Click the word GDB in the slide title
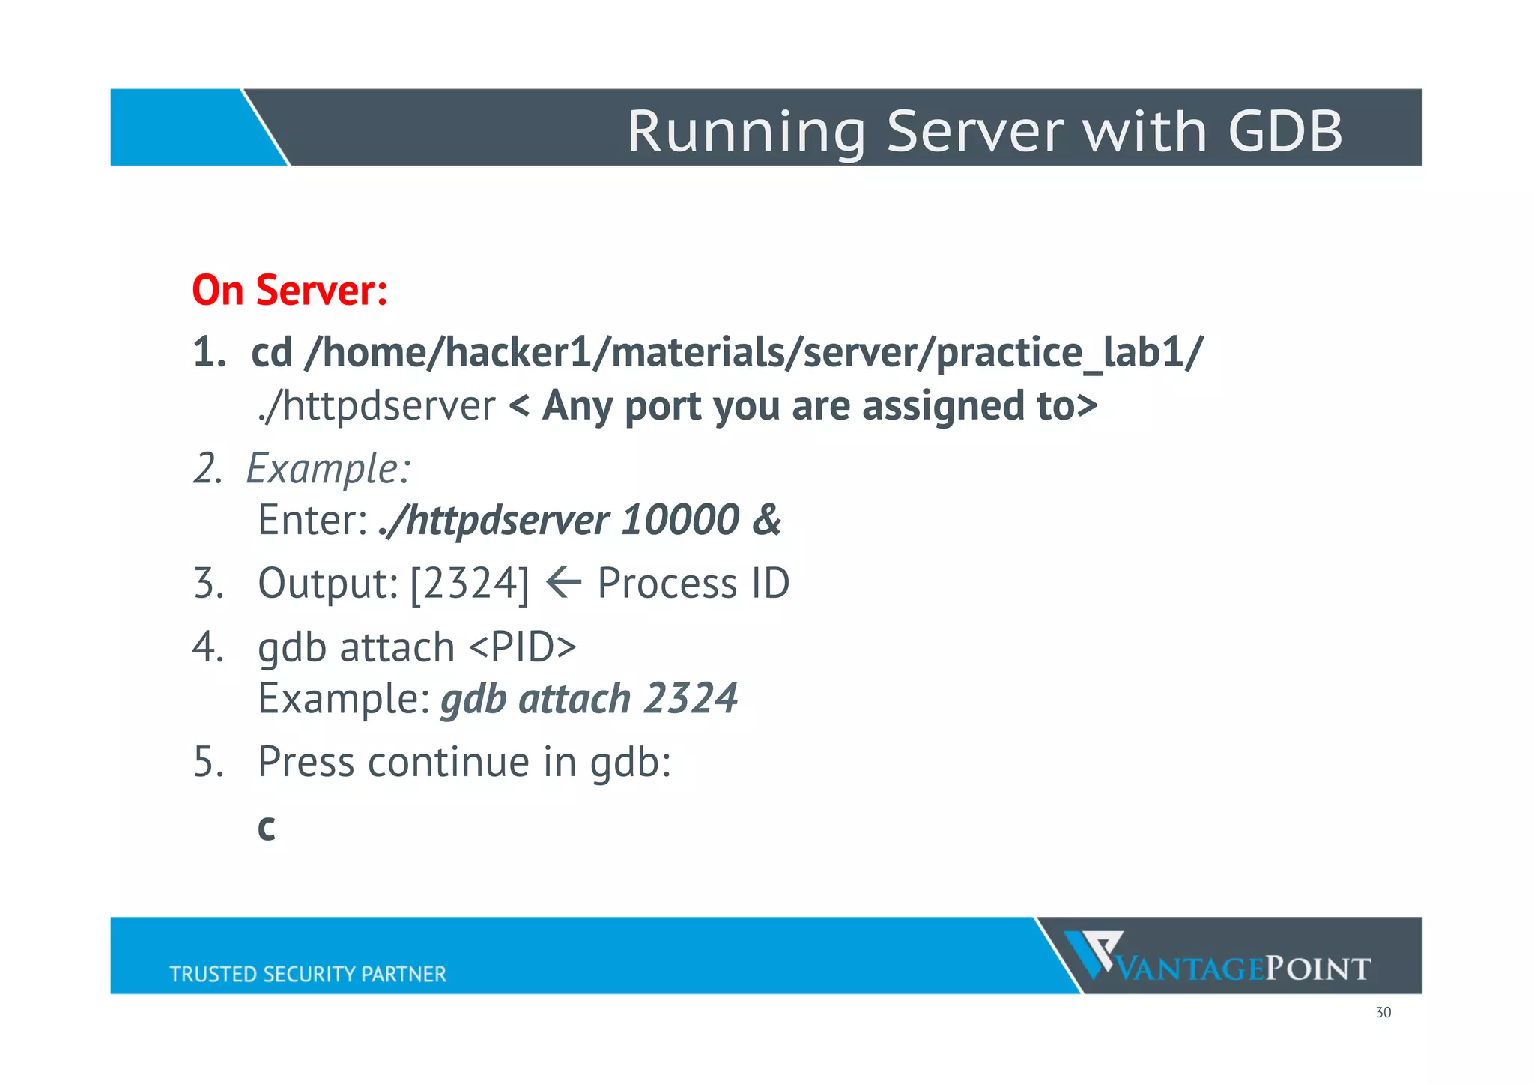coord(1285,131)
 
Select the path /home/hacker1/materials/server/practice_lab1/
coord(754,352)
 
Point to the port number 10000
coord(680,520)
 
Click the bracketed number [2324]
coord(470,584)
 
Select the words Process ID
coord(693,584)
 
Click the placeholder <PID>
coord(523,647)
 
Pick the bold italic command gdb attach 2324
coord(589,699)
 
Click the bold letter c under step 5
coord(267,827)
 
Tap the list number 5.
coord(208,762)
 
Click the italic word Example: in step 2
coord(328,469)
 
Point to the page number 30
coord(1383,1013)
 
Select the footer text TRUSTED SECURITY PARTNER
coord(308,974)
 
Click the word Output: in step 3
coord(327,584)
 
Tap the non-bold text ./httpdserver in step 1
coord(377,407)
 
